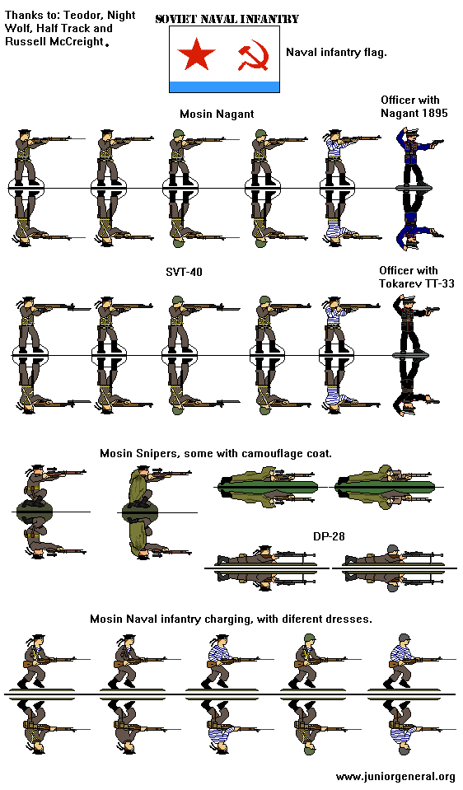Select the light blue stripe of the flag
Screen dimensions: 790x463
tap(224, 86)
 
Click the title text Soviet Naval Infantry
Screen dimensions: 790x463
tap(227, 19)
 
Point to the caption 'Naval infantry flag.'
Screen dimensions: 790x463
tap(336, 52)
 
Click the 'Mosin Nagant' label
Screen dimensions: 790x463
tap(217, 114)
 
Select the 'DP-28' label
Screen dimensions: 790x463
tap(328, 536)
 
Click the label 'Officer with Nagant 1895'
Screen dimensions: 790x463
tap(414, 106)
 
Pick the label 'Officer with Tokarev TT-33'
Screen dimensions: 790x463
tap(417, 277)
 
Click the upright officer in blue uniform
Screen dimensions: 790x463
tap(416, 156)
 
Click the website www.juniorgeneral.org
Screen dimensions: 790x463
tap(395, 777)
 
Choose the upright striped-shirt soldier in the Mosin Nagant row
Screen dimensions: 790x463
tap(338, 156)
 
